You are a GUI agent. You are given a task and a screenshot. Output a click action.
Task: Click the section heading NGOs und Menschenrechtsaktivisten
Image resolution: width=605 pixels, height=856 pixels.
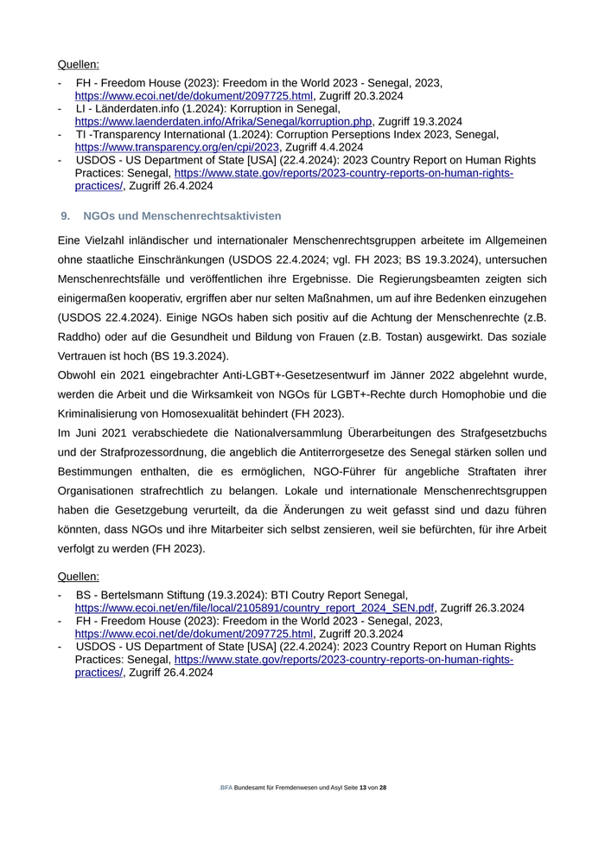[181, 215]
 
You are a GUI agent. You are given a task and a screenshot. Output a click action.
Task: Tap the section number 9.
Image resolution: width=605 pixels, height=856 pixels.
[65, 215]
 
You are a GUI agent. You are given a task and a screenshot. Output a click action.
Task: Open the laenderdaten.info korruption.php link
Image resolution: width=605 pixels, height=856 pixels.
[223, 121]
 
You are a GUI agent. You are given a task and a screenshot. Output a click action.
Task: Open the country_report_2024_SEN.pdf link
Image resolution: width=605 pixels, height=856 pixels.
[254, 608]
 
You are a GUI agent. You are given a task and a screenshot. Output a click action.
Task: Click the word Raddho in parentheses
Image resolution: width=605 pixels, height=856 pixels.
[80, 336]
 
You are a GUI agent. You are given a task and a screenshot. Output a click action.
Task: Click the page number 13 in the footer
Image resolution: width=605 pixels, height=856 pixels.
[363, 788]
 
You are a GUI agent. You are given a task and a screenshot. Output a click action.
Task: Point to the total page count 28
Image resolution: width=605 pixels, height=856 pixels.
[383, 788]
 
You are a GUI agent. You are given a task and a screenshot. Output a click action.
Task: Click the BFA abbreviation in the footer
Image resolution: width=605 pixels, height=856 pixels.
[226, 788]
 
